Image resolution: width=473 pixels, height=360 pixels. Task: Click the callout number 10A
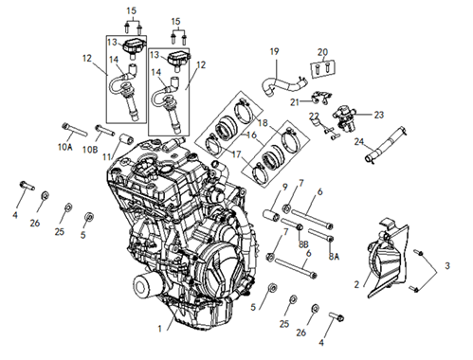[x=64, y=147]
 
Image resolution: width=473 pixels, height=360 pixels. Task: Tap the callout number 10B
[x=90, y=150]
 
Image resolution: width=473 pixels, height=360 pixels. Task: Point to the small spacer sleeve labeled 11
[x=125, y=138]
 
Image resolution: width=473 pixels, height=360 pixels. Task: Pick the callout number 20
[x=322, y=52]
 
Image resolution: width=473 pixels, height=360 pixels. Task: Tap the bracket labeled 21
[x=320, y=97]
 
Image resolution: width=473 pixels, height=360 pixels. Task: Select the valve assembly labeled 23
[x=344, y=116]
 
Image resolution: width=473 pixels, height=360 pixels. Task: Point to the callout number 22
[x=314, y=117]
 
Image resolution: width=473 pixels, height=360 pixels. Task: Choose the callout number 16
[x=251, y=135]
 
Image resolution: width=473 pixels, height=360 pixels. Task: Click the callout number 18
[x=263, y=123]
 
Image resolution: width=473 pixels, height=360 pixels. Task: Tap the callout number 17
[x=236, y=154]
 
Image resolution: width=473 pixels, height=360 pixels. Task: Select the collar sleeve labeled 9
[x=271, y=218]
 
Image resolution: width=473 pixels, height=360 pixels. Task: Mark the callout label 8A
[x=334, y=257]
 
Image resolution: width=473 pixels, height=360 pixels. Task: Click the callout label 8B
[x=303, y=243]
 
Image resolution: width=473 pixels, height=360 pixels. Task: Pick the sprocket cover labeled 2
[x=389, y=259]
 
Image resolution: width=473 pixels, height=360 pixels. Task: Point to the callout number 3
[x=447, y=266]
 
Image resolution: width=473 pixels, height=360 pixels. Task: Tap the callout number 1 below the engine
[x=160, y=329]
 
